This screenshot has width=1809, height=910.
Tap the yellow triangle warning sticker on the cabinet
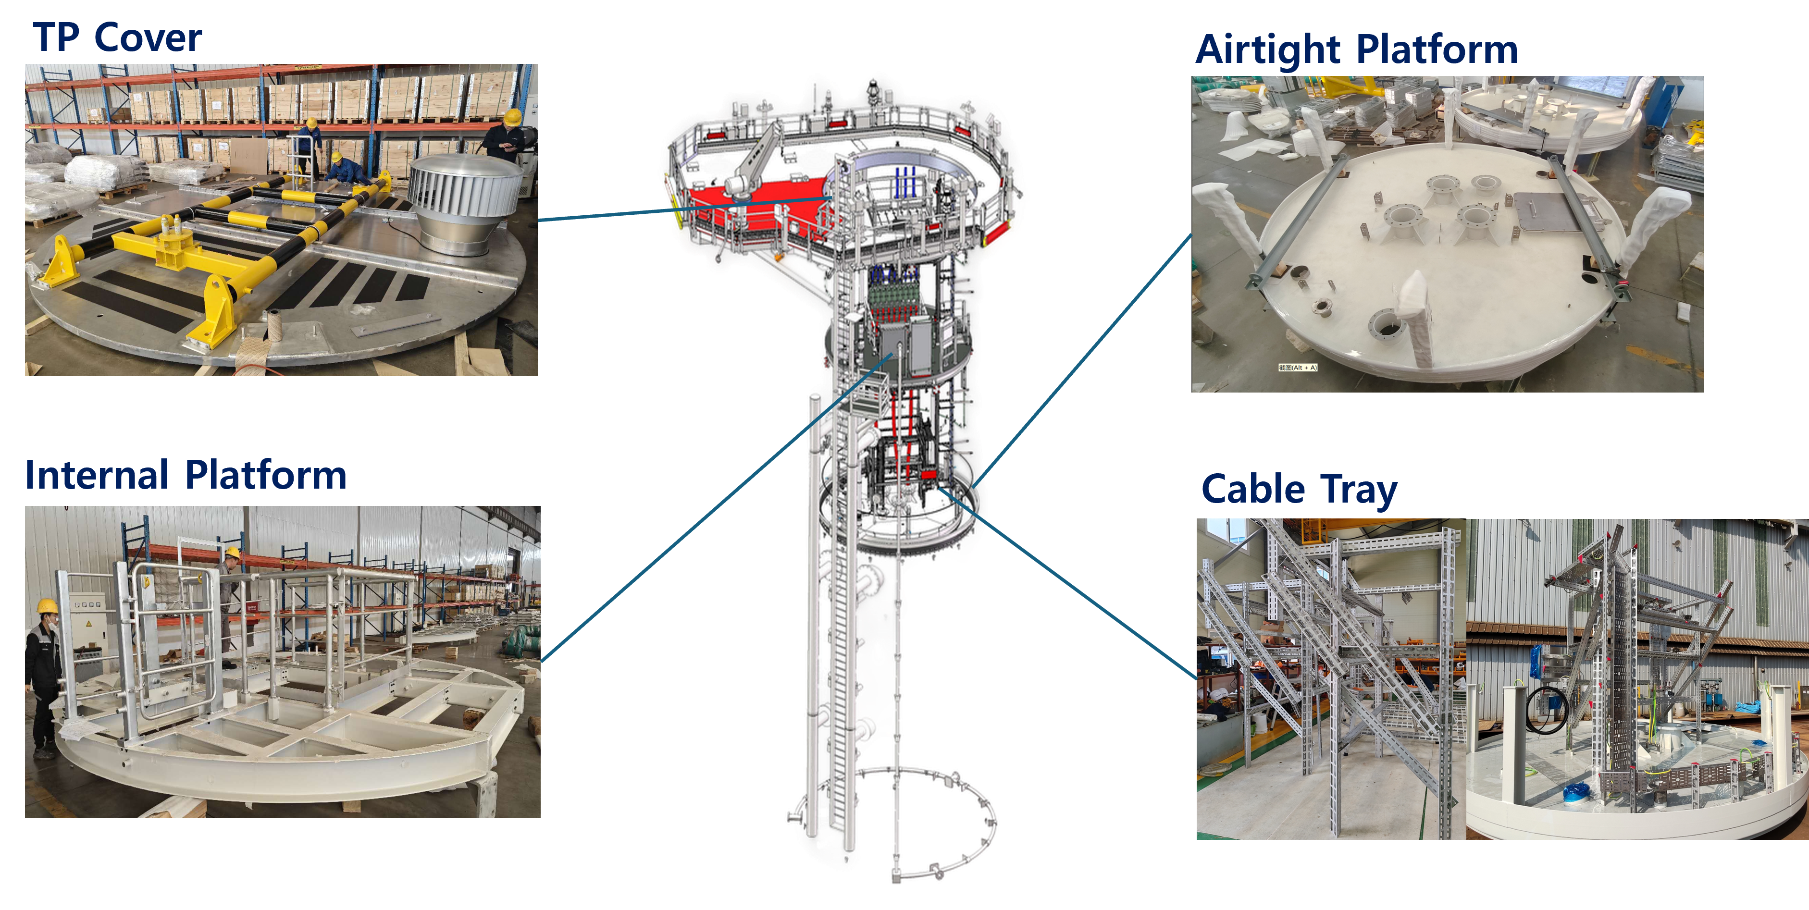(x=88, y=623)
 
